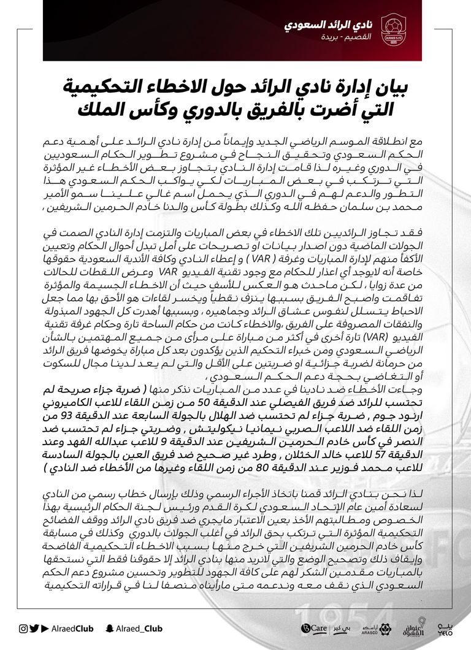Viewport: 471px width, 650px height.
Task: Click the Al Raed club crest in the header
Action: (394, 29)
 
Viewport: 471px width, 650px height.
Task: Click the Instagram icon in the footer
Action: (23, 628)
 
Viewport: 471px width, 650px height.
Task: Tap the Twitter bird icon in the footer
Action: (34, 628)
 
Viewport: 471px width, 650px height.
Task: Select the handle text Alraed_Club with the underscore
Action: (134, 628)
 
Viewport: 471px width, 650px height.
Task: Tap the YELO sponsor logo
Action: (446, 629)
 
